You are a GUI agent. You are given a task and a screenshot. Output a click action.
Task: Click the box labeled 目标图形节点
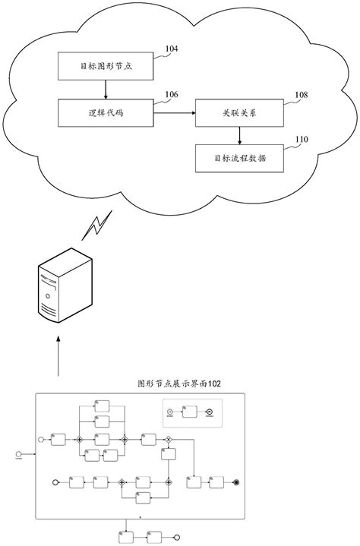(106, 66)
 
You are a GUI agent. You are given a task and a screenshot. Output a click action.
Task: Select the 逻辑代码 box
(106, 112)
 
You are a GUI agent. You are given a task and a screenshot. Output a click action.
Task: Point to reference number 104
(172, 49)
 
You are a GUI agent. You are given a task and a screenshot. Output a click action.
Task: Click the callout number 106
(172, 95)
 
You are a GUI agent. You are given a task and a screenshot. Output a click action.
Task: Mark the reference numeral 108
(302, 95)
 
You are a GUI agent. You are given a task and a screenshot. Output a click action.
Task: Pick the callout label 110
(302, 140)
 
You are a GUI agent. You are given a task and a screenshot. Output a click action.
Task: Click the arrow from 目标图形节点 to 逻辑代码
(106, 90)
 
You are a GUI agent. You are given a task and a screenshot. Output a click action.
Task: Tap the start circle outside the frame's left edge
(18, 454)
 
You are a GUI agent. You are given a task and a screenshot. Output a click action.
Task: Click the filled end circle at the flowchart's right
(237, 481)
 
